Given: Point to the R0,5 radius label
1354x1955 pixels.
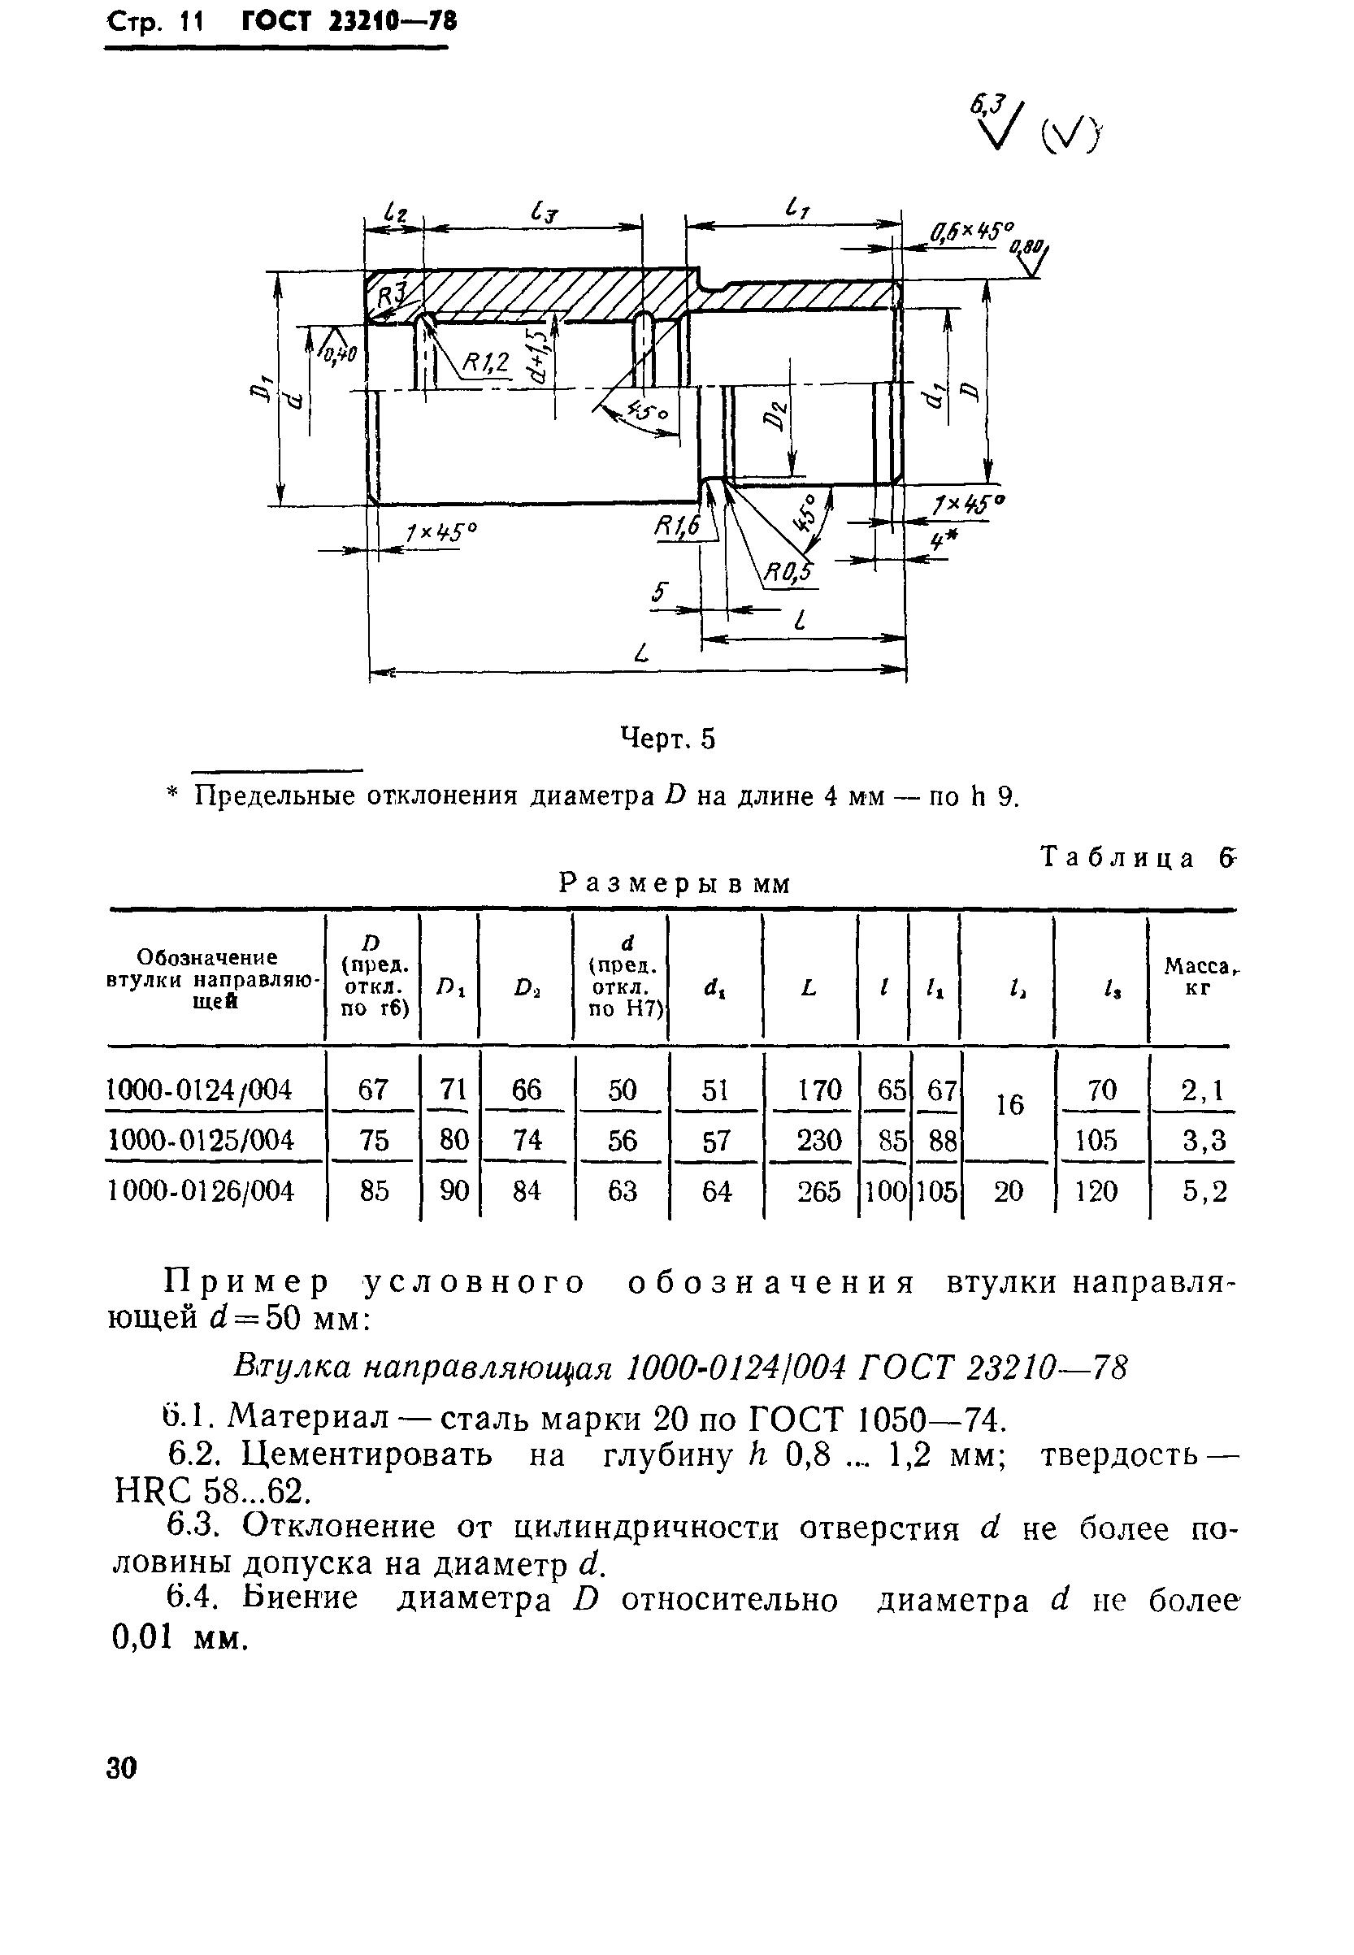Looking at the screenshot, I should tap(788, 575).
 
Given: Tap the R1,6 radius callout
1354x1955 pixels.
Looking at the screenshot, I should tap(677, 528).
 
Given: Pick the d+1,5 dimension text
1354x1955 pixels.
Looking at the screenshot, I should tap(538, 357).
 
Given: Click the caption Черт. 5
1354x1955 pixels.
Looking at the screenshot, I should tap(669, 739).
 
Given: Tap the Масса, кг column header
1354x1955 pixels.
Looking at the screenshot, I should tap(1196, 975).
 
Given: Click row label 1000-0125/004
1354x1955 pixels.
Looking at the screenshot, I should tap(200, 1140).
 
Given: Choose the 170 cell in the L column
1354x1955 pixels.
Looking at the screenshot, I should tap(818, 1089).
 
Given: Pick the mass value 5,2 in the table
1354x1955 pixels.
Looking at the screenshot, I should tap(1204, 1192).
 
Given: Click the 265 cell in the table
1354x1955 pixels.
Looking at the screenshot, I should tap(818, 1192).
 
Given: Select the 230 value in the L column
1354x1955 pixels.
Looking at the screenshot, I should tap(818, 1140).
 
